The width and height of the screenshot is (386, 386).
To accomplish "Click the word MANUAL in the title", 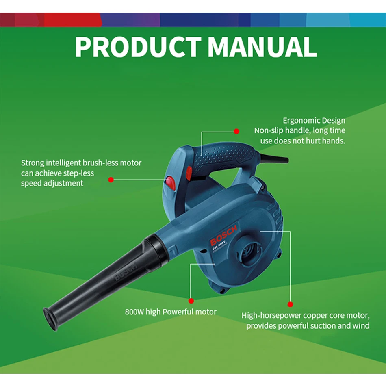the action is [262, 47].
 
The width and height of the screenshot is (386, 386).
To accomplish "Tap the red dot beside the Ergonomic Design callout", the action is [236, 131].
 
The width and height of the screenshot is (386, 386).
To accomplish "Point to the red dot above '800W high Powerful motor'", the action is [191, 301].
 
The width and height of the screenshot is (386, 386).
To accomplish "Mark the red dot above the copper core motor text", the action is [290, 304].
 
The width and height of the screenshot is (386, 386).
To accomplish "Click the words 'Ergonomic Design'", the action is [314, 121].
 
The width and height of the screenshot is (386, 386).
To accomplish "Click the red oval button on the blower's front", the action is [170, 183].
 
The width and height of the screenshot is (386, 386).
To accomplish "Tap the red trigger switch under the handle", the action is [189, 173].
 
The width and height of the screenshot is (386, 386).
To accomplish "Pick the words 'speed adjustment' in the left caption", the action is [52, 183].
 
